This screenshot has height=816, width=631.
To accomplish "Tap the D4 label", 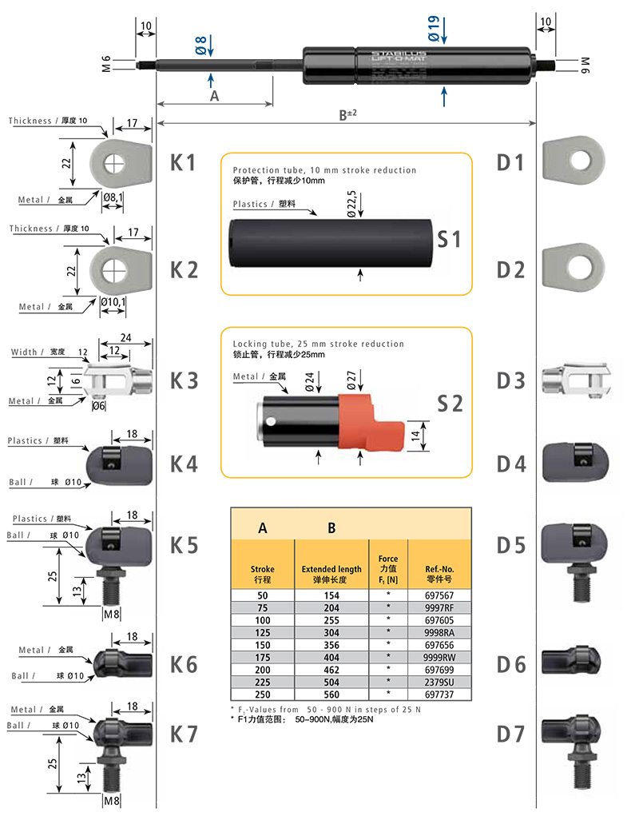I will pos(511,464).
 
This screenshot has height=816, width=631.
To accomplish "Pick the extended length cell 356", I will pos(331,644).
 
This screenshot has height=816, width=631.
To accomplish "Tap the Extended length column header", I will pos(331,574).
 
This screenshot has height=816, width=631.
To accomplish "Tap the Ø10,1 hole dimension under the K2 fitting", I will pos(114,301).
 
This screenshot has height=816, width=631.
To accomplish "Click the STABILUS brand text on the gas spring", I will pos(389,55).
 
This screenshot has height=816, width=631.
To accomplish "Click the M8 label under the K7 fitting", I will pos(112,798).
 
